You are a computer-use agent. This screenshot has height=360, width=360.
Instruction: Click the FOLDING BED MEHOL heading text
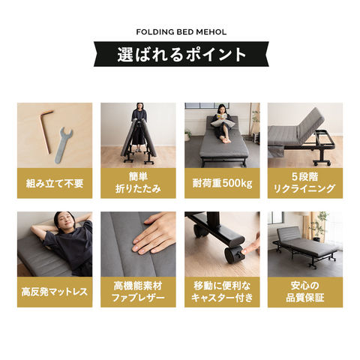(x=180, y=32)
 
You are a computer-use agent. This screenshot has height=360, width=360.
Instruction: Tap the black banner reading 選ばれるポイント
(x=181, y=55)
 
